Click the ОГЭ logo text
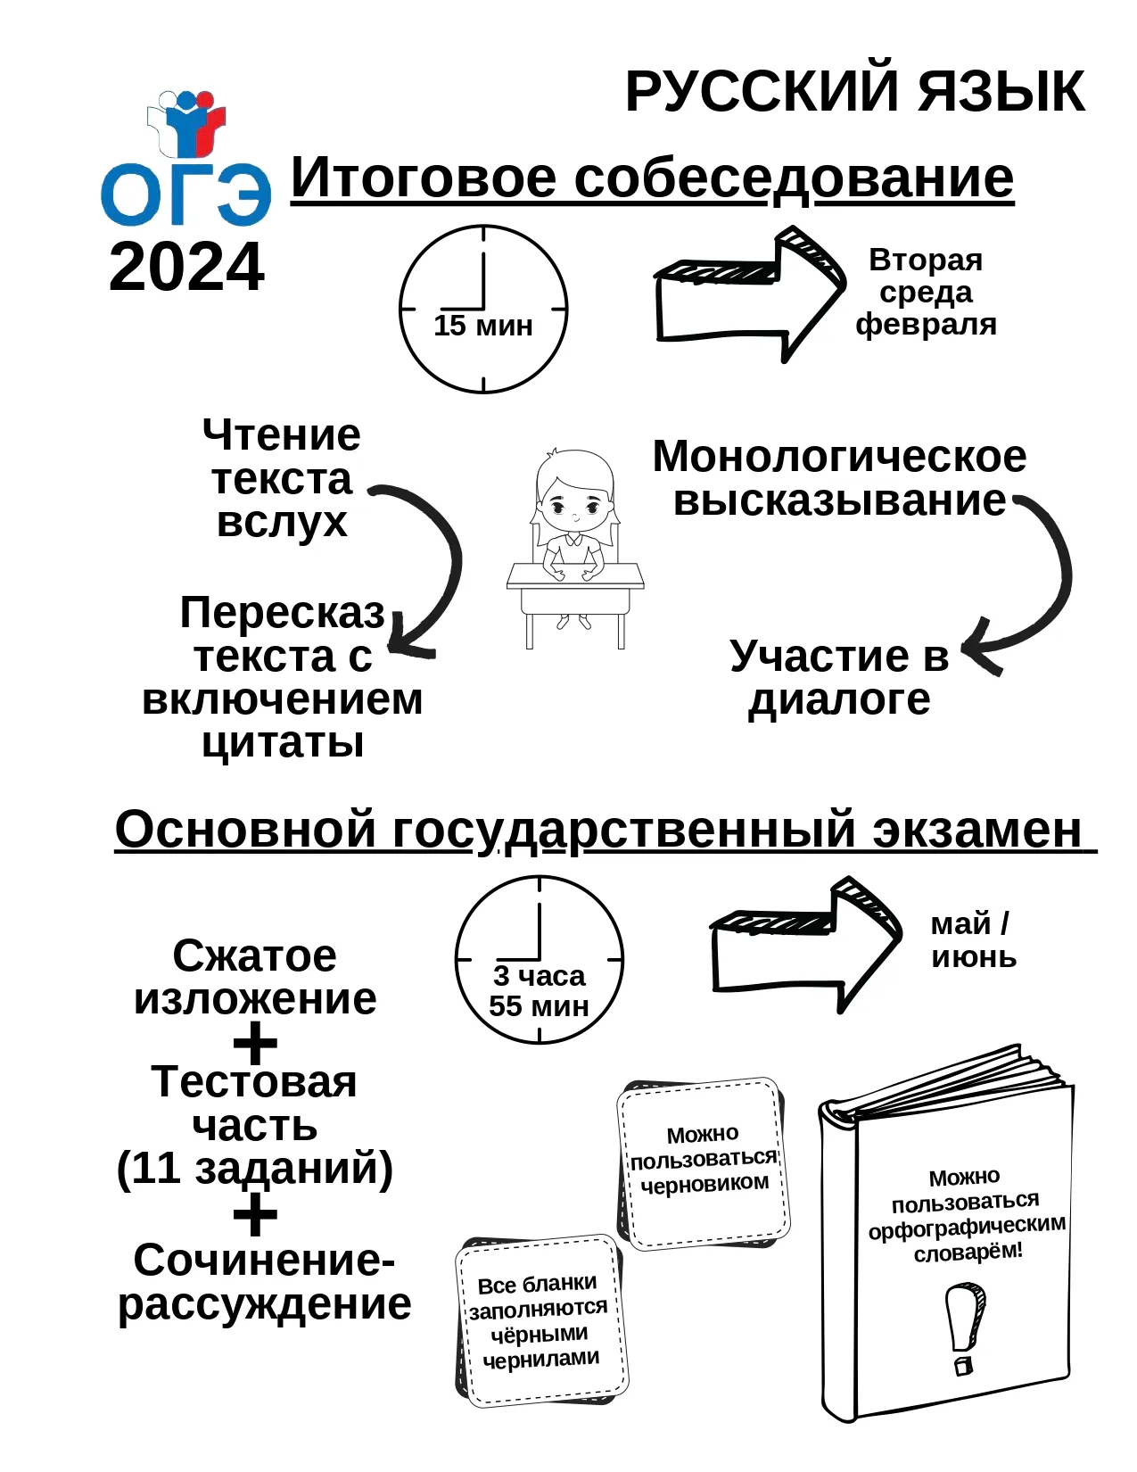click(x=186, y=194)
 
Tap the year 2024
click(x=187, y=268)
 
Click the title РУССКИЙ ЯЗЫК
click(x=855, y=92)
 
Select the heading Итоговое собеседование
click(x=652, y=178)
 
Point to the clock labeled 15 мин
click(x=482, y=309)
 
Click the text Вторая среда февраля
click(x=926, y=292)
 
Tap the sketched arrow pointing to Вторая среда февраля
click(x=750, y=294)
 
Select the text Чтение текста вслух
click(x=282, y=478)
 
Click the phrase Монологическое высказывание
click(x=840, y=478)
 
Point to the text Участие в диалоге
click(x=840, y=677)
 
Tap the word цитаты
click(x=283, y=741)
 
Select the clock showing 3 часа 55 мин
click(x=539, y=960)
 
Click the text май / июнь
click(x=974, y=941)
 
